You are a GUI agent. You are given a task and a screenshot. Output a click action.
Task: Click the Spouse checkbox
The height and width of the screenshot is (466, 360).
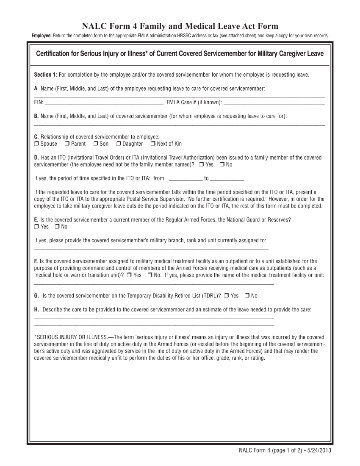[x=36, y=144]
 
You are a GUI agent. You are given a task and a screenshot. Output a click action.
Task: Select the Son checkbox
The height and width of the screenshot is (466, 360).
[x=96, y=144]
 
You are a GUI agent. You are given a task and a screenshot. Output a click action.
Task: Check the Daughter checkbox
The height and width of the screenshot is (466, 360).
[x=119, y=144]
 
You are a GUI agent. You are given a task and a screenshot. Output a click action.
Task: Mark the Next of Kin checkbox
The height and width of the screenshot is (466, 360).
[x=153, y=144]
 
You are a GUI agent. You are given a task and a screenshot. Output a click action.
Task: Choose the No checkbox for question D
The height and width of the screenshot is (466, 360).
[x=222, y=164]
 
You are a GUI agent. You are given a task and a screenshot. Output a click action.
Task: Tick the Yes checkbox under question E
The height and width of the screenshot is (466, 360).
[x=36, y=227]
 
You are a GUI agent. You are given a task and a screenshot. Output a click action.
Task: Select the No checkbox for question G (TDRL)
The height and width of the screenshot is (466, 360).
[x=247, y=296]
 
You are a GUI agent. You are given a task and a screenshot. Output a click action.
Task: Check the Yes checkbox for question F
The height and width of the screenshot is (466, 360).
[x=129, y=275]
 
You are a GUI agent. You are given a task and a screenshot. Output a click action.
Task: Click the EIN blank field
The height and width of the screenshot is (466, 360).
[x=104, y=102]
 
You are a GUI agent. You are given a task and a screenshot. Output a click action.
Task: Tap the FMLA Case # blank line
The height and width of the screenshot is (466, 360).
[x=274, y=102]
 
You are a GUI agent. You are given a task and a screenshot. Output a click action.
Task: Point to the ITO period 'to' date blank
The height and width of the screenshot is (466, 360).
[x=227, y=178]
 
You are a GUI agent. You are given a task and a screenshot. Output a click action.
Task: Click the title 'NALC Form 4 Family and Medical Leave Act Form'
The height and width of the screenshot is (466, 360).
[x=180, y=26]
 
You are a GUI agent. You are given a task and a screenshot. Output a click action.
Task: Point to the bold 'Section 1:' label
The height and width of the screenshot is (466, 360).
[x=45, y=75]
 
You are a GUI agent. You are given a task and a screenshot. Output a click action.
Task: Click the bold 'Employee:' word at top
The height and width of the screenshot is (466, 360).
[x=42, y=36]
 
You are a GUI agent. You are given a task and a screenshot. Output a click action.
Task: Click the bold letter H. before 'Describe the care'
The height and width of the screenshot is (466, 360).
[x=36, y=310]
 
